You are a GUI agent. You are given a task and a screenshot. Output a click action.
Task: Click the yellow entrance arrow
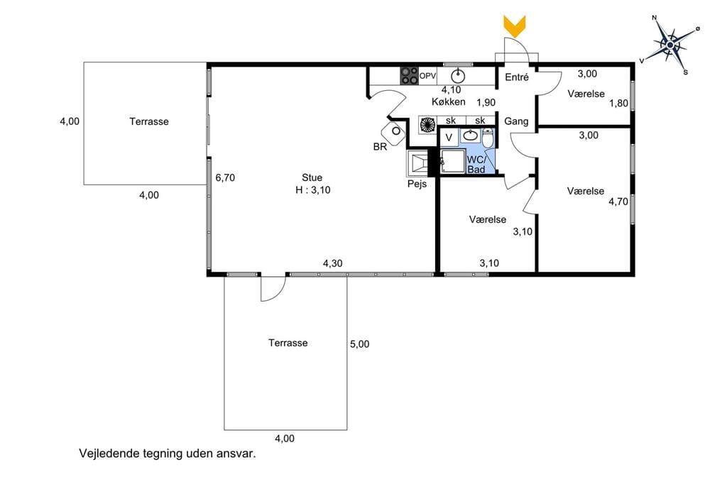[515, 26]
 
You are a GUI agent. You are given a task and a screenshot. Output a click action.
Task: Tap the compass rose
[670, 45]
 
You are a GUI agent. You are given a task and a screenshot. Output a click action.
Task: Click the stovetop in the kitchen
[410, 75]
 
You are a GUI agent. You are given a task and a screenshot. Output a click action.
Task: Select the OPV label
[427, 75]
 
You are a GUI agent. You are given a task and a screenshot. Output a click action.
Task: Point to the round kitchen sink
[458, 75]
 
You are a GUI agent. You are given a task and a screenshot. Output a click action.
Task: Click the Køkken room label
[449, 101]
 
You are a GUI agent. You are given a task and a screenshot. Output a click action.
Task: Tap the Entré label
[517, 77]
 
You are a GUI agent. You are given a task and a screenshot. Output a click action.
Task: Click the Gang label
[516, 121]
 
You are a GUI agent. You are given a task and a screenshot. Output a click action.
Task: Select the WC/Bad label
[476, 164]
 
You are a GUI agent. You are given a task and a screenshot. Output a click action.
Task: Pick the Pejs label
[417, 184]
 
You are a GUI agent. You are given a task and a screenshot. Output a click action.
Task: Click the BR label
[380, 147]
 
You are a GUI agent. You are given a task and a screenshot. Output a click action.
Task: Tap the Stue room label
[312, 177]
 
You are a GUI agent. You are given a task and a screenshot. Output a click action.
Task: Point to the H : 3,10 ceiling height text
[313, 189]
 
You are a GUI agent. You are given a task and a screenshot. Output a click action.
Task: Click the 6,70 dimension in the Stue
[225, 177]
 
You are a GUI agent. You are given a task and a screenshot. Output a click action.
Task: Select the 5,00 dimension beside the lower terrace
[359, 344]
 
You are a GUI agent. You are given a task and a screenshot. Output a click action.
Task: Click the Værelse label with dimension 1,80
[586, 94]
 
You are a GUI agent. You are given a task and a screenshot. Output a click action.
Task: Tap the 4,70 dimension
[618, 202]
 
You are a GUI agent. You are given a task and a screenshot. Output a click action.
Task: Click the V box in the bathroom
[449, 138]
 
